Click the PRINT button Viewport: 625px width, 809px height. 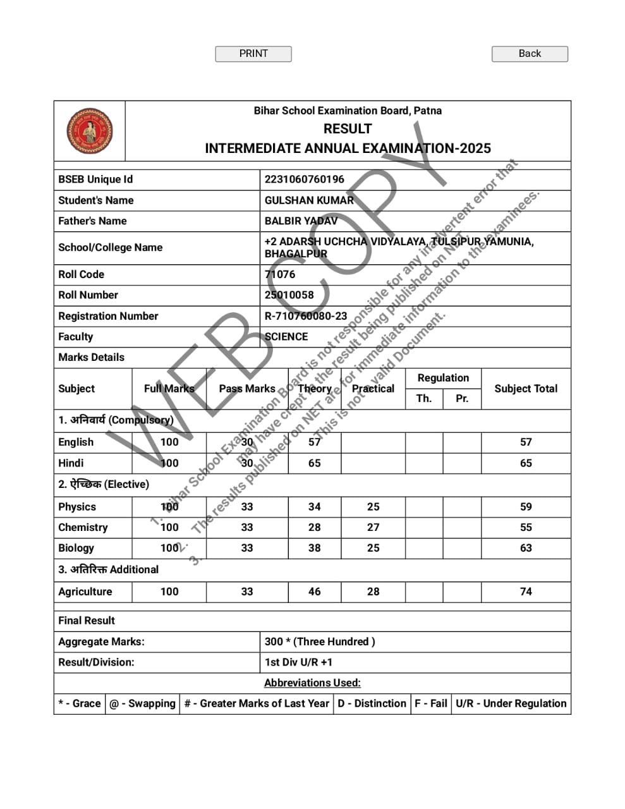[x=253, y=54]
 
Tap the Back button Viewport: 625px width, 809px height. [x=530, y=54]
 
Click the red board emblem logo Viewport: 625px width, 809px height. [x=90, y=131]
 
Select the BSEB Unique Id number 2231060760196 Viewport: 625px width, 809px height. [x=304, y=179]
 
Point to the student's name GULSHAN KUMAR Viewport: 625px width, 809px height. [x=309, y=200]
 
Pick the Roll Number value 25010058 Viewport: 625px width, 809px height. [x=289, y=295]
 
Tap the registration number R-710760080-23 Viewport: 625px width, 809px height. [x=306, y=316]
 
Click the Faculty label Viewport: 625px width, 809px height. [x=75, y=337]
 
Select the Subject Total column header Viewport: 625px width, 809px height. [x=526, y=389]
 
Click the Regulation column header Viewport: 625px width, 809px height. [x=443, y=378]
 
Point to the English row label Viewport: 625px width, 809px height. [x=76, y=442]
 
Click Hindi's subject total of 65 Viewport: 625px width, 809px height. [x=526, y=463]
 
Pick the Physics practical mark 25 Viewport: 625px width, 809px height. [x=373, y=507]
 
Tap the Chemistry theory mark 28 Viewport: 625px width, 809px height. [x=314, y=528]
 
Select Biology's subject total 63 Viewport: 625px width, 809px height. [x=526, y=548]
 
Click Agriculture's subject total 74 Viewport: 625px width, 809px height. [x=526, y=592]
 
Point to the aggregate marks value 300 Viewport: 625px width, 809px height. [x=274, y=642]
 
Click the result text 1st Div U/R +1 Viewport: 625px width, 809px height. [x=298, y=662]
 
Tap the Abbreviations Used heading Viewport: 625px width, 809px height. [x=312, y=683]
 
